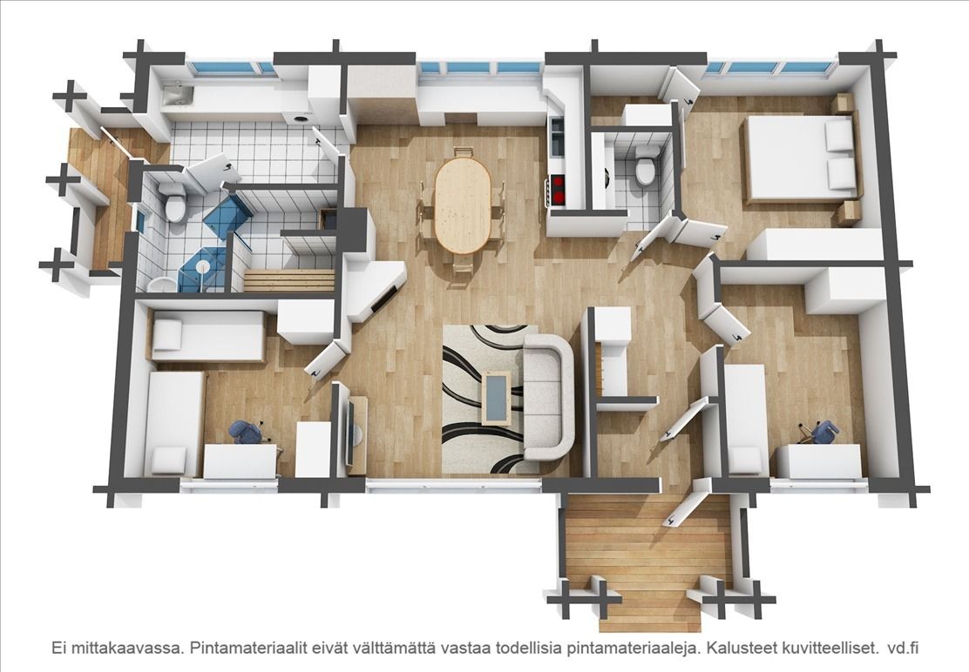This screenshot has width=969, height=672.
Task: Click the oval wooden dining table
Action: point(463,205)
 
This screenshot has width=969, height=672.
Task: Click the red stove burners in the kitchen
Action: point(558,190)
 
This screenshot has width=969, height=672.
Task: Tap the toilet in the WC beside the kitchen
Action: point(645,166)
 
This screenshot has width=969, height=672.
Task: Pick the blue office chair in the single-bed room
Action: point(247,431)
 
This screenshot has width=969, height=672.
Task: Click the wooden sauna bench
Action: point(289,280)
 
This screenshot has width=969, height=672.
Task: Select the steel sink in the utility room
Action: point(178,95)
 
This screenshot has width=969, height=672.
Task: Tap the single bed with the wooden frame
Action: point(207,335)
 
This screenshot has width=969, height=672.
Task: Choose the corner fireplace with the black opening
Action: point(375,287)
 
